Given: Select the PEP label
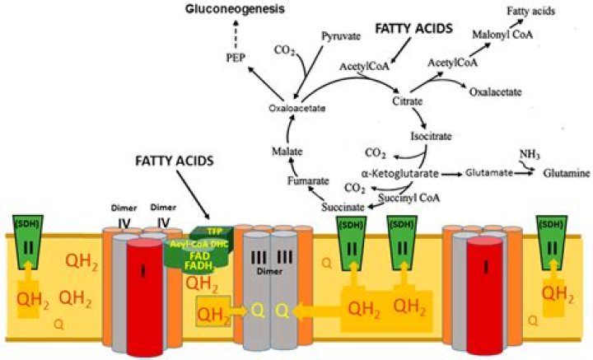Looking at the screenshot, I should click(236, 59).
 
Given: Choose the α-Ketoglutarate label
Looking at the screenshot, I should click(399, 173).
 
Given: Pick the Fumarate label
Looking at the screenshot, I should click(306, 180).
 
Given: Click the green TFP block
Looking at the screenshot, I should click(213, 232).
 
